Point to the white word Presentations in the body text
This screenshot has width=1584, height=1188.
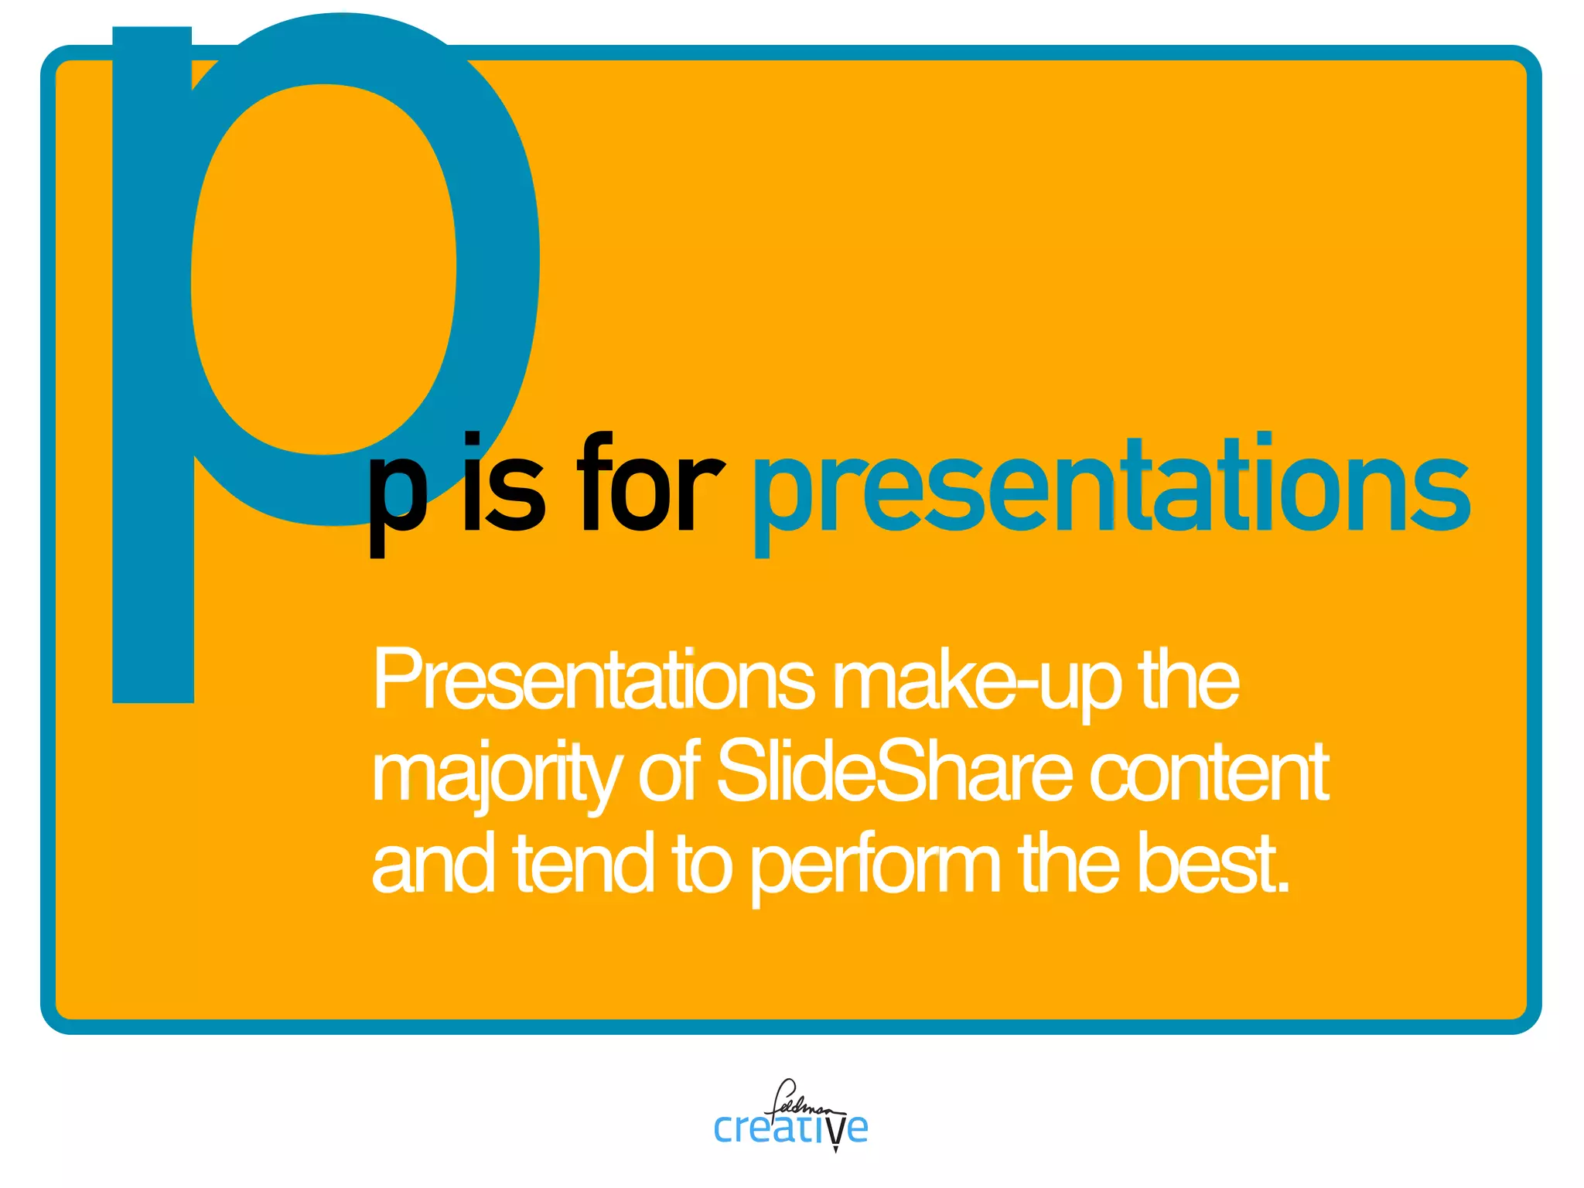pyautogui.click(x=592, y=681)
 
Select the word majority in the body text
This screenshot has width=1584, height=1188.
pyautogui.click(x=495, y=773)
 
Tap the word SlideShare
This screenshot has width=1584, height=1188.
pyautogui.click(x=894, y=772)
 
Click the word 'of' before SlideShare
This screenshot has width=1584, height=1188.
pyautogui.click(x=669, y=772)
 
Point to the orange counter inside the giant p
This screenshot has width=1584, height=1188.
pyautogui.click(x=323, y=267)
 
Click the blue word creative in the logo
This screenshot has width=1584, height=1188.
pyautogui.click(x=789, y=1128)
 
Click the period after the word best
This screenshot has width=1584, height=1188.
pyautogui.click(x=1284, y=888)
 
